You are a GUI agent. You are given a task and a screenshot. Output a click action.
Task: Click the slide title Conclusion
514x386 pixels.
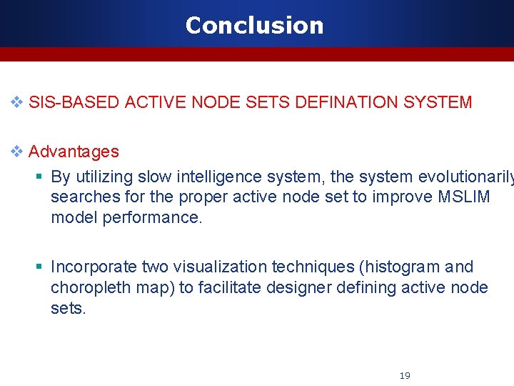coord(254,25)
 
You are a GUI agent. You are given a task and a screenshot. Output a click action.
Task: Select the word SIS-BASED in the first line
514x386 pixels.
coord(74,102)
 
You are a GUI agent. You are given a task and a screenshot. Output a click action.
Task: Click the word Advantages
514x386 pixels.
coord(74,152)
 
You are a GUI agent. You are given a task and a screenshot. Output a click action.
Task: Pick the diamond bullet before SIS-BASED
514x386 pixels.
coord(17,102)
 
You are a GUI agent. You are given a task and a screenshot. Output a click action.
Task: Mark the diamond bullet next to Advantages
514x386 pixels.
coord(17,152)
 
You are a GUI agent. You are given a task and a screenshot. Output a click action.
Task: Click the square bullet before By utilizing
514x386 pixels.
coord(40,177)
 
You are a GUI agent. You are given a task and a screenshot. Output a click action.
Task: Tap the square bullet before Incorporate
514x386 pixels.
coord(40,267)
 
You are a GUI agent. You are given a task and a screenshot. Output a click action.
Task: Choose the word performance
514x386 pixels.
coord(153,217)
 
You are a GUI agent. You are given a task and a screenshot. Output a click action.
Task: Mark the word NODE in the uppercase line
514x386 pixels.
coord(216,102)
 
